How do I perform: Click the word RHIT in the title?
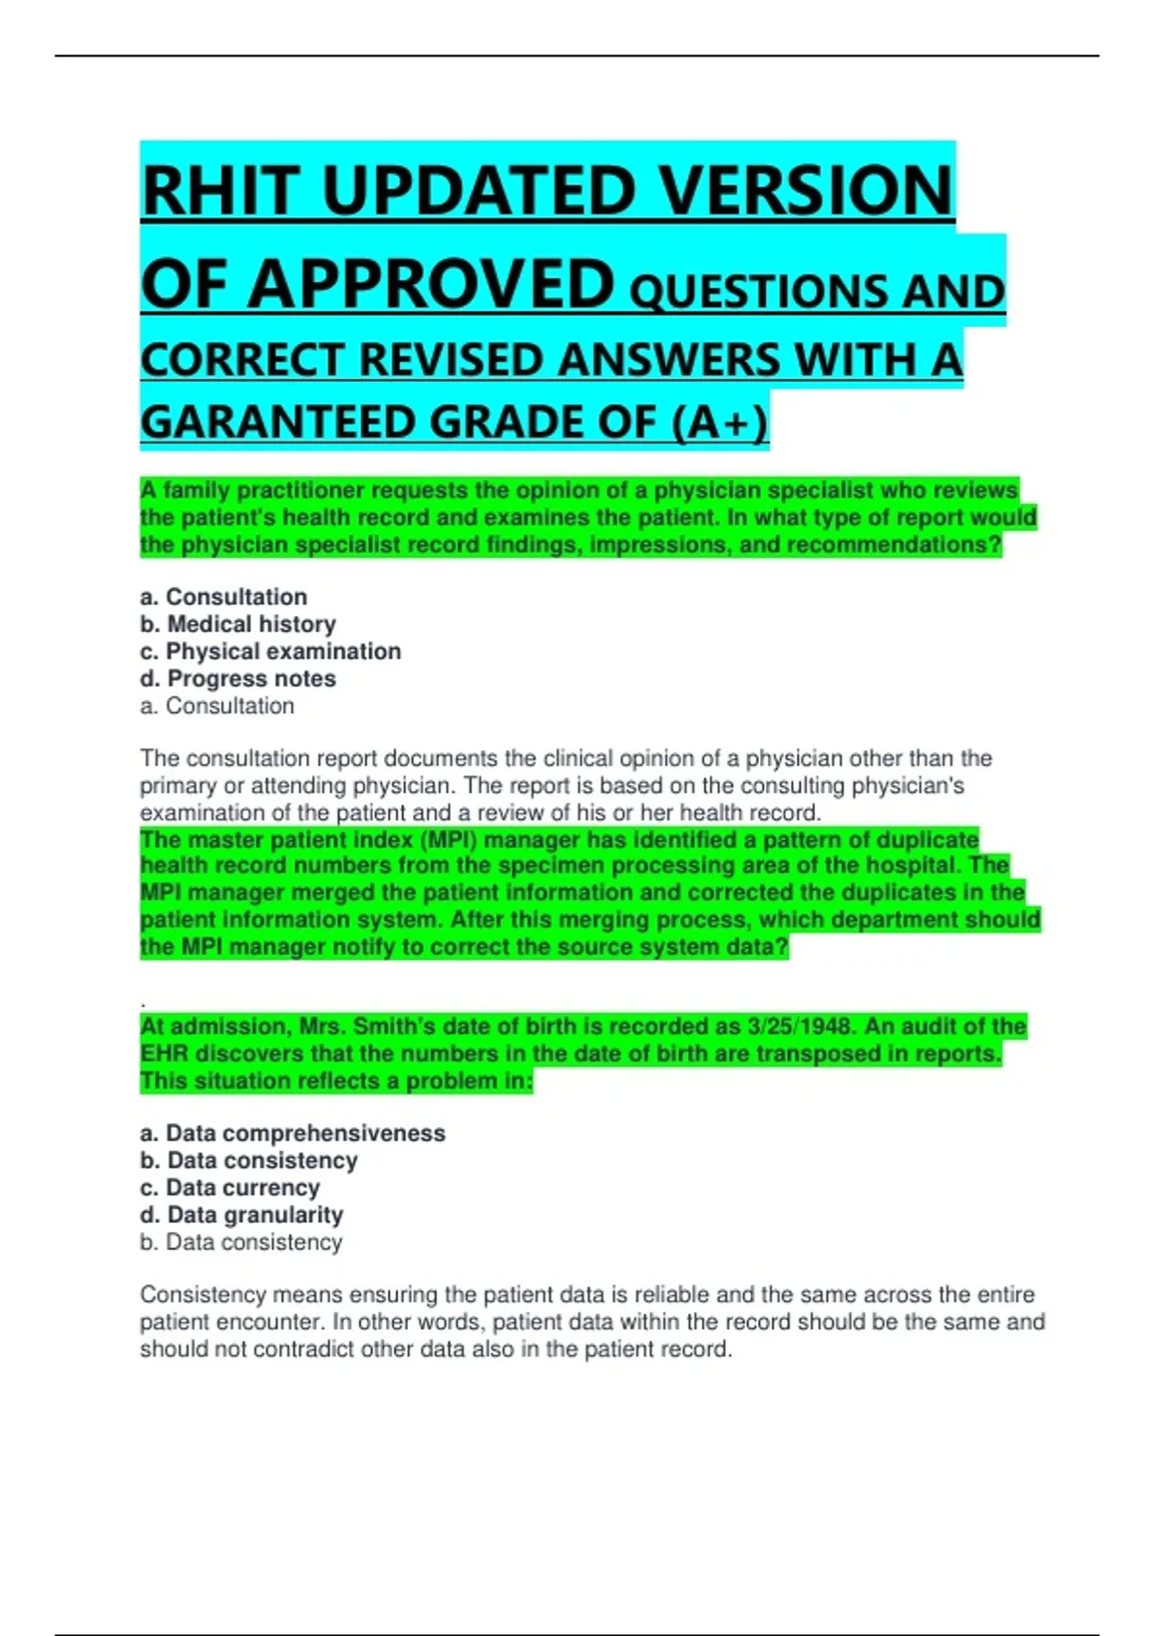click(219, 191)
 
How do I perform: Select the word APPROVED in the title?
click(431, 286)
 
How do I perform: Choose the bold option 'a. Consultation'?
click(223, 597)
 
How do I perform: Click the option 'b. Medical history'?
click(238, 624)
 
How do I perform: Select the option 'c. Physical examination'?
click(270, 652)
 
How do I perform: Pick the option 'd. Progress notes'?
click(238, 678)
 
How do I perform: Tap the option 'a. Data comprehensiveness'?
click(293, 1133)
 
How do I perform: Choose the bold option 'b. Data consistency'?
click(248, 1161)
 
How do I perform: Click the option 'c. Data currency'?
click(229, 1188)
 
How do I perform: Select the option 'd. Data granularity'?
click(242, 1214)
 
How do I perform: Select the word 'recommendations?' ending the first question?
click(893, 545)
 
